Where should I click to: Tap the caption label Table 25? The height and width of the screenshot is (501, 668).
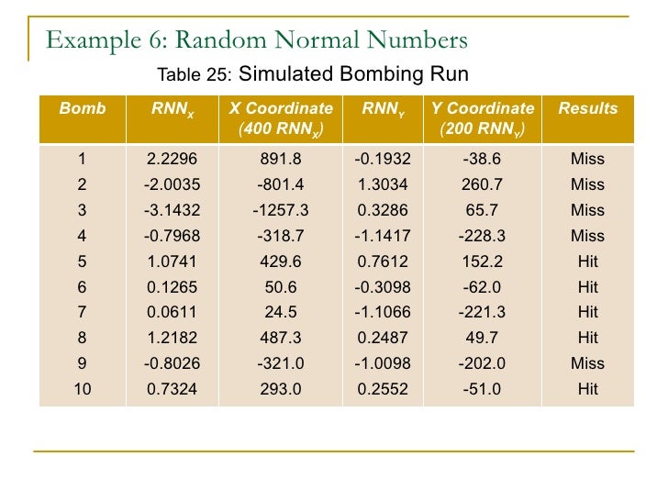(196, 75)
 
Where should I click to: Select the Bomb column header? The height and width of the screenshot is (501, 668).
(83, 108)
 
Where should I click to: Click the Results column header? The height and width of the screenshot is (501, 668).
(587, 108)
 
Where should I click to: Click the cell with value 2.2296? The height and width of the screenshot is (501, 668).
(173, 159)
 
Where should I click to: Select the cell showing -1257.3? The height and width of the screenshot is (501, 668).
(281, 210)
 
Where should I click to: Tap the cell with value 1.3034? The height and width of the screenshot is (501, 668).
(383, 184)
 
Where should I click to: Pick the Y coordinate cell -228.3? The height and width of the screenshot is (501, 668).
(483, 236)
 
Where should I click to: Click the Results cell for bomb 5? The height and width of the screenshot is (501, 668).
(587, 262)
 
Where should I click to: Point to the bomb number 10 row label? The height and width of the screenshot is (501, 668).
(83, 389)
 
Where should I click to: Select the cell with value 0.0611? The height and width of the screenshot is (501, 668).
(173, 313)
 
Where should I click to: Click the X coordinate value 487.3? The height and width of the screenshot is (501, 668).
(281, 338)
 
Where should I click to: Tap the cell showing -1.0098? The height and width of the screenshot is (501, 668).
(383, 363)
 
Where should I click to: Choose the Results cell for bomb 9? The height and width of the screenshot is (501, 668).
(587, 363)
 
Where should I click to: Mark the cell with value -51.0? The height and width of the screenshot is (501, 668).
(483, 389)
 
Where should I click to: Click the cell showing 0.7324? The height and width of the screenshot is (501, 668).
(173, 389)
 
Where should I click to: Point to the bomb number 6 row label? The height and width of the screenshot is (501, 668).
(83, 287)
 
